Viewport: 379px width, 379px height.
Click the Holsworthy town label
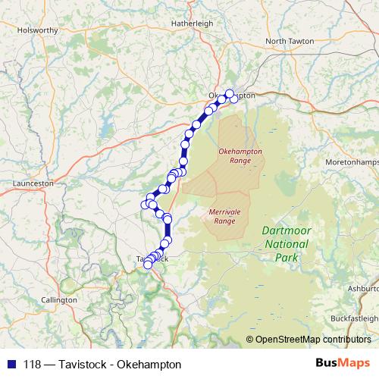point(38,30)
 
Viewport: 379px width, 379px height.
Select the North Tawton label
point(288,41)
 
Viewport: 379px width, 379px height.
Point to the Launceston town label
point(33,183)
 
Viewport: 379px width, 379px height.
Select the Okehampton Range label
point(234,156)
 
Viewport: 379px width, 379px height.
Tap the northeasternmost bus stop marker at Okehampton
point(230,93)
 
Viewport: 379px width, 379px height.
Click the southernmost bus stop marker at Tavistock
point(148,265)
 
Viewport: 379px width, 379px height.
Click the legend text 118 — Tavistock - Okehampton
point(102,364)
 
